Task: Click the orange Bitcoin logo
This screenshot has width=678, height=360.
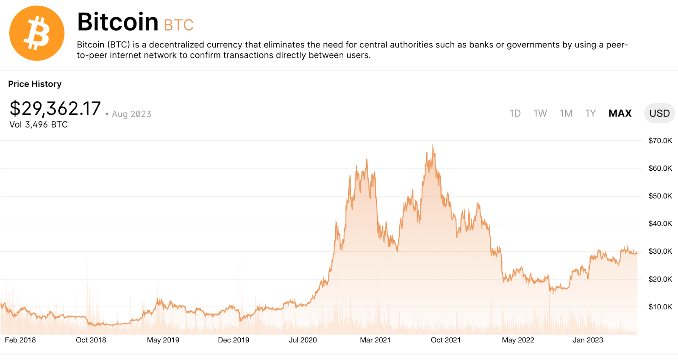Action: point(37,33)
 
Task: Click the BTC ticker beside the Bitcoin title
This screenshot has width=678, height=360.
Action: point(178,25)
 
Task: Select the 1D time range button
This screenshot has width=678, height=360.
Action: point(515,114)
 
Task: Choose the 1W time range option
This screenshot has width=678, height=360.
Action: point(540,114)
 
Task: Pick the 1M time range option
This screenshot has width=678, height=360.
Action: point(566,114)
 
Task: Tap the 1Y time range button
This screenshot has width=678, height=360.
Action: point(590,114)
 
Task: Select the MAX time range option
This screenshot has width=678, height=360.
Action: point(620,114)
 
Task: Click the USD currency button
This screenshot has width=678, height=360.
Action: point(659,114)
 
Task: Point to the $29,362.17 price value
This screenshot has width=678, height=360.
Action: point(55,109)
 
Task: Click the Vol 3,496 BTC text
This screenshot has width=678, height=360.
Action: point(39,125)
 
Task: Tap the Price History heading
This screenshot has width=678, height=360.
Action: point(35,84)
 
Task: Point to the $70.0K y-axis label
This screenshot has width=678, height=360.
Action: point(660,141)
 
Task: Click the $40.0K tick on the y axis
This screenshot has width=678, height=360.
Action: point(660,224)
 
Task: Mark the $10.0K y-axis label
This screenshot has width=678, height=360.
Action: point(660,307)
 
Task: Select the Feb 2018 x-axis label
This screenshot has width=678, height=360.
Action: point(20,340)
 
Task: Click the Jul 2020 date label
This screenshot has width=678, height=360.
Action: point(303,340)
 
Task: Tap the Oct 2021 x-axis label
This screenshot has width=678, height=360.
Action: point(445,340)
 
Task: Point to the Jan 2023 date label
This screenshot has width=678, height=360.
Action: point(588,340)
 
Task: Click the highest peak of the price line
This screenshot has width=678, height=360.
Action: point(433,146)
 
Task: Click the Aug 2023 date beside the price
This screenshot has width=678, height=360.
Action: point(131,114)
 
